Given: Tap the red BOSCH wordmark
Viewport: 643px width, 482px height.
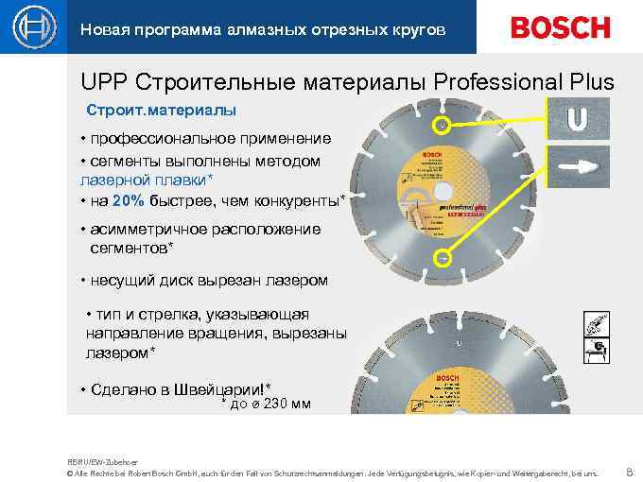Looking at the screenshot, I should click(x=561, y=27).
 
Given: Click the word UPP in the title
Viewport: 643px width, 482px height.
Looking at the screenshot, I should click(x=101, y=83).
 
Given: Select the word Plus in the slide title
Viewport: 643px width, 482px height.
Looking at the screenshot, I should click(x=589, y=83).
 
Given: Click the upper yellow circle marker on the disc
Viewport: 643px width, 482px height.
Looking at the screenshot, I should click(x=441, y=125).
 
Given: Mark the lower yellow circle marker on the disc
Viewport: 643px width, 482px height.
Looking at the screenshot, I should click(x=441, y=257).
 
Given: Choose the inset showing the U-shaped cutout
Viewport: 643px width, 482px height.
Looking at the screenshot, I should click(x=579, y=119).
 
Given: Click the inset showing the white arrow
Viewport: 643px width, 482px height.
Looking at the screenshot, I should click(x=579, y=166).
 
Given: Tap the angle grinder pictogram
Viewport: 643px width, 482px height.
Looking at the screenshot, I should click(x=596, y=326).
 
